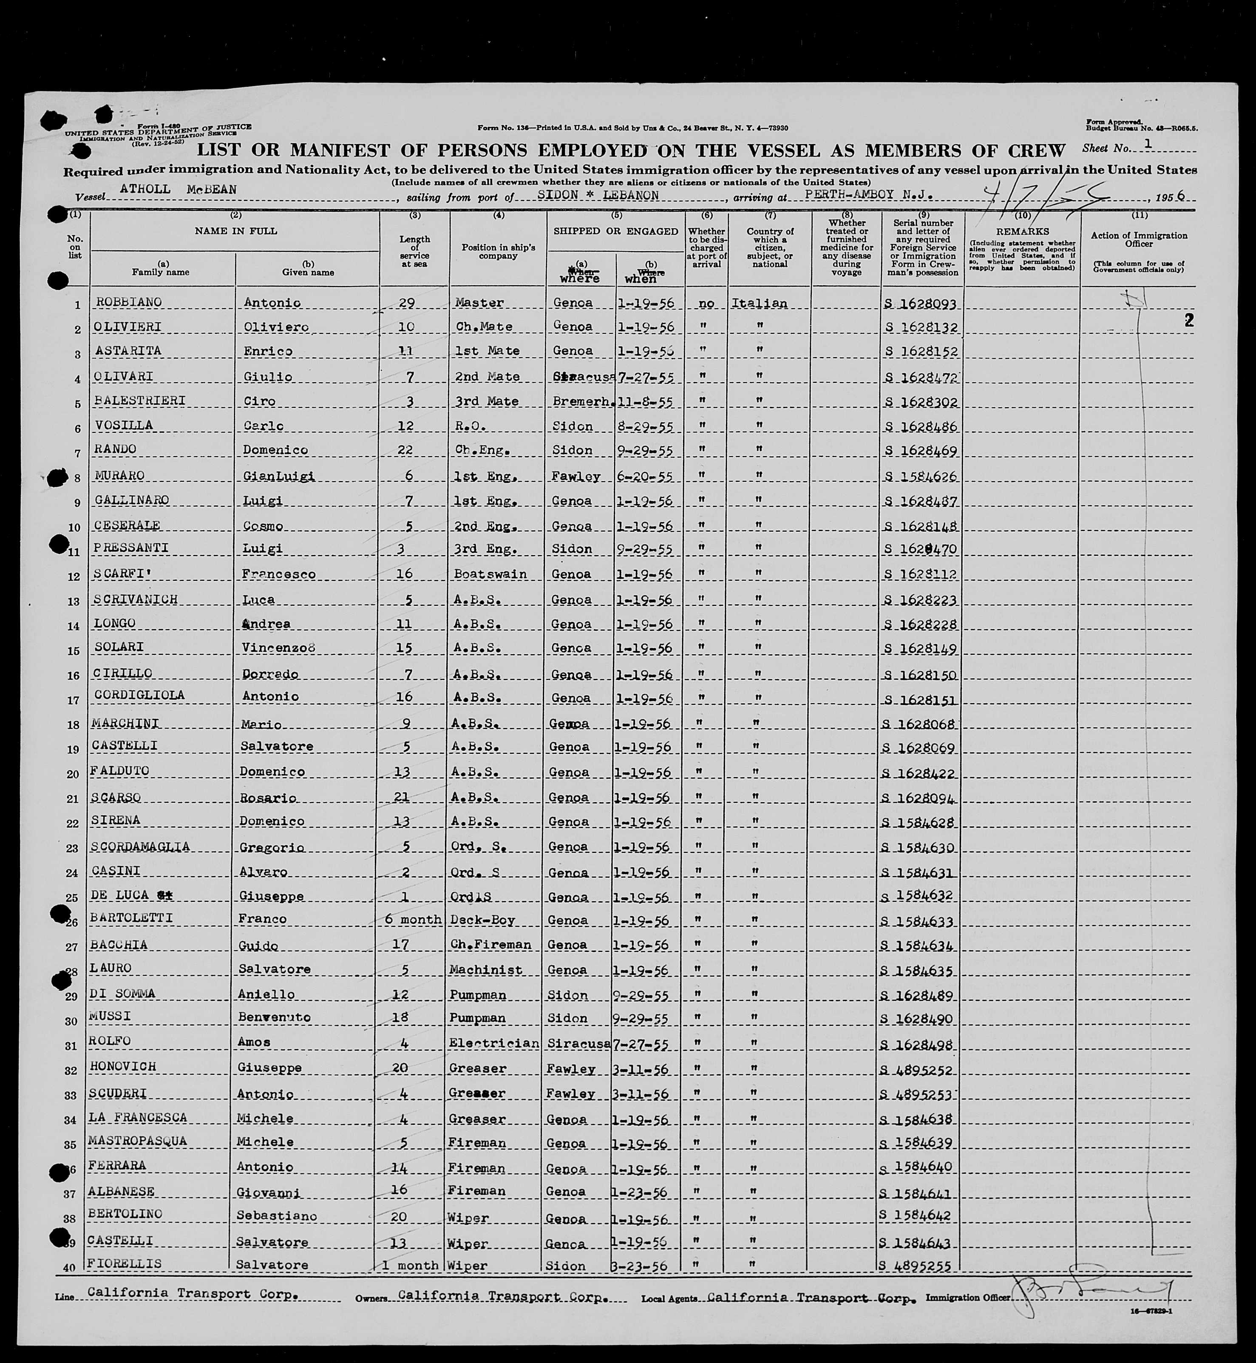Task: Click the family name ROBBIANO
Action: tap(119, 302)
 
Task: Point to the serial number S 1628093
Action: tap(921, 304)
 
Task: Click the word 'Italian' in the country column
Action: tap(759, 303)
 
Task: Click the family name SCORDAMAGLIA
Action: tap(140, 846)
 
